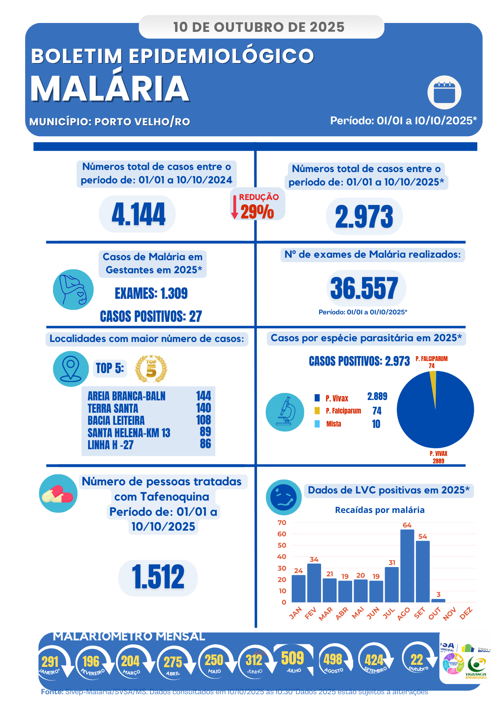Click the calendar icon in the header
pyautogui.click(x=444, y=92)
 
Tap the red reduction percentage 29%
pyautogui.click(x=257, y=212)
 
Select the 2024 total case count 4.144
pyautogui.click(x=138, y=214)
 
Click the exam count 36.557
pyautogui.click(x=364, y=289)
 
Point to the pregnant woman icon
pyautogui.click(x=73, y=290)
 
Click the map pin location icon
pyautogui.click(x=71, y=369)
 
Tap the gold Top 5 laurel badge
pyautogui.click(x=151, y=369)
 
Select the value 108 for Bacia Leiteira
pyautogui.click(x=203, y=420)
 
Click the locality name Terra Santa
pyautogui.click(x=113, y=408)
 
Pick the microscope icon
pyautogui.click(x=285, y=412)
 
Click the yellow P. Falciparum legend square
pyautogui.click(x=317, y=411)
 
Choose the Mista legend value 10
pyautogui.click(x=376, y=424)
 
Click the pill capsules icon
pyautogui.click(x=58, y=493)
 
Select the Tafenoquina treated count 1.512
pyautogui.click(x=158, y=577)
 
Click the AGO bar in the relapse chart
pyautogui.click(x=407, y=566)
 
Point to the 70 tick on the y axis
pyautogui.click(x=282, y=523)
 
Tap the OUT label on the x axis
pyautogui.click(x=435, y=613)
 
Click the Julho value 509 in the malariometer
pyautogui.click(x=292, y=658)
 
